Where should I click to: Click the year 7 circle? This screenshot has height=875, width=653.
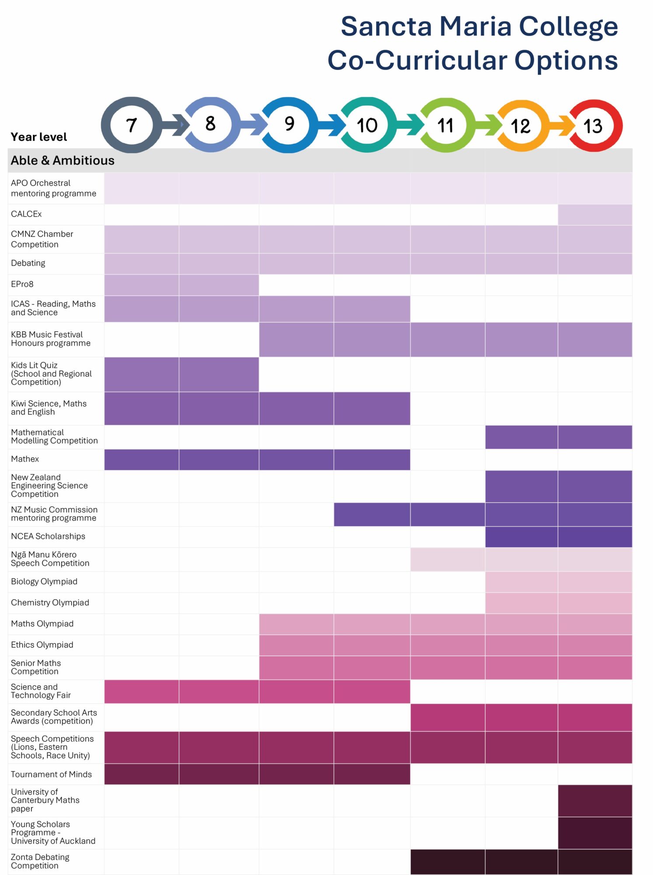131,125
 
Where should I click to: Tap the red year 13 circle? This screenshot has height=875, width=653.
594,126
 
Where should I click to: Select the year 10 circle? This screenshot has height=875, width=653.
367,125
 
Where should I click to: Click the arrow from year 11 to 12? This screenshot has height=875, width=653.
488,125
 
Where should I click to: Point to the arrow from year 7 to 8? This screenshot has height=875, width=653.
175,125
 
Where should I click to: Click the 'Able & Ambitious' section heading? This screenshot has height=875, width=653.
63,161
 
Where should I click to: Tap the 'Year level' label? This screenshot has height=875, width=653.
38,137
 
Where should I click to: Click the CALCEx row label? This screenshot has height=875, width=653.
26,214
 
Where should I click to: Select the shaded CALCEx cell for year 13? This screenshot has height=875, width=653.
595,214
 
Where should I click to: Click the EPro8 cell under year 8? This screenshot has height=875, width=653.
219,285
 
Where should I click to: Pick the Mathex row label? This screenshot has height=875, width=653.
25,459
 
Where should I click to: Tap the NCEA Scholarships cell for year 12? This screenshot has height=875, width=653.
521,537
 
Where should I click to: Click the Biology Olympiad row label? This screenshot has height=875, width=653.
44,581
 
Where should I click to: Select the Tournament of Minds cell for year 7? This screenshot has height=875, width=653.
141,774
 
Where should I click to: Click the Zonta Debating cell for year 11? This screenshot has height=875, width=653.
447,861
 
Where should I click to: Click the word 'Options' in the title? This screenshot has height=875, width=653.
566,60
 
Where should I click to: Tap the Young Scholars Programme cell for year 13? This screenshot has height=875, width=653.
595,833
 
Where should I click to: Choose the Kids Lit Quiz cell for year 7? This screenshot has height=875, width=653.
141,374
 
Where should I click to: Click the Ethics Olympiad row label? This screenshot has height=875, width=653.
42,645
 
